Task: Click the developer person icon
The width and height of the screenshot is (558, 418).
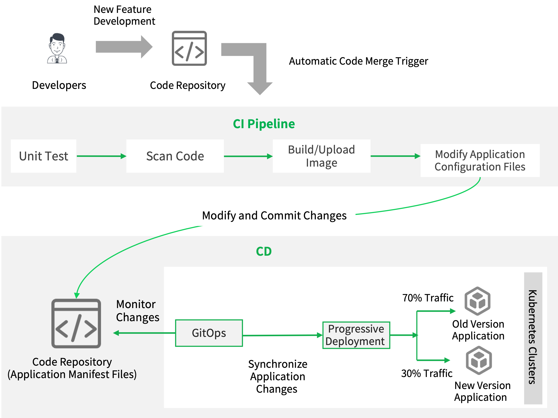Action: (57, 48)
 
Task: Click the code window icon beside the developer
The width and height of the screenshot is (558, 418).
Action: (189, 48)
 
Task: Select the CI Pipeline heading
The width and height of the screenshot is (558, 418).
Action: (264, 124)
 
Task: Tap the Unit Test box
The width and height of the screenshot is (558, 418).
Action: (43, 156)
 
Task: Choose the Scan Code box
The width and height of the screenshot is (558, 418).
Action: (175, 156)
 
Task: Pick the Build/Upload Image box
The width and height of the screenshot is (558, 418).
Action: (321, 156)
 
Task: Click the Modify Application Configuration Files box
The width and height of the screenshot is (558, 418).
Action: (480, 160)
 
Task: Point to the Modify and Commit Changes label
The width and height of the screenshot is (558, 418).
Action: (275, 216)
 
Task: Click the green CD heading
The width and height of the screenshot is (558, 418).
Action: (264, 251)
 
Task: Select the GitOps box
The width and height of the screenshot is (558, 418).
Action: (209, 333)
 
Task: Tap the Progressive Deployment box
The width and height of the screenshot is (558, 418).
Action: (356, 335)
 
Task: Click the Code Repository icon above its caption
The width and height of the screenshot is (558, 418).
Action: (76, 324)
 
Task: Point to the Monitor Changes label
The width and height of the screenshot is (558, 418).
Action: (137, 311)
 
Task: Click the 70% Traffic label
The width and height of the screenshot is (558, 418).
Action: (428, 298)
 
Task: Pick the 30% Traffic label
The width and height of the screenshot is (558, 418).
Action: (427, 373)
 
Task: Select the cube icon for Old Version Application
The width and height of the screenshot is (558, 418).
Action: (477, 301)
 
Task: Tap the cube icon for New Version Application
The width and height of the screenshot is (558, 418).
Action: (479, 360)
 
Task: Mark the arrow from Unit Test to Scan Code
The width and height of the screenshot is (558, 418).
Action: (101, 156)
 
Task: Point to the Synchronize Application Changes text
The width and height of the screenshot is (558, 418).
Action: (277, 376)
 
